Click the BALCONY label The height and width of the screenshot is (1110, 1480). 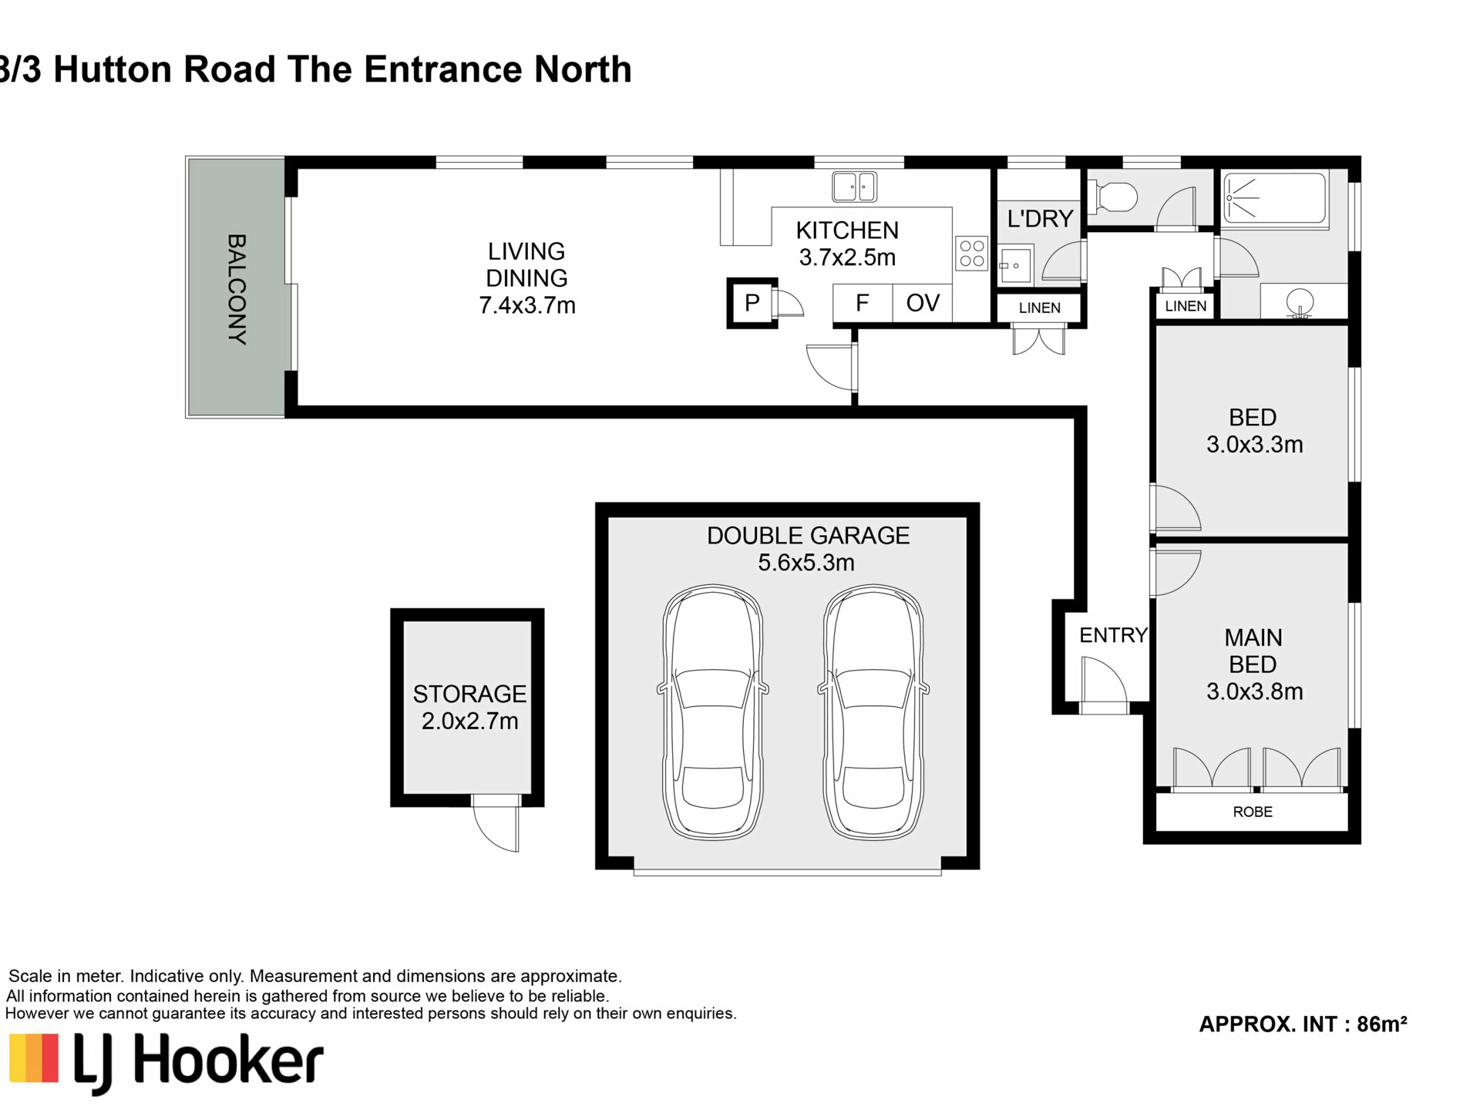click(237, 289)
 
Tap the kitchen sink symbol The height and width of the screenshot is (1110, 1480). click(854, 187)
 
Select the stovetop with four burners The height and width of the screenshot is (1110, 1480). click(972, 254)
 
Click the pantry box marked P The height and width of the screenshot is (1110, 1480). click(752, 303)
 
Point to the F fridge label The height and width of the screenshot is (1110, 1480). click(862, 303)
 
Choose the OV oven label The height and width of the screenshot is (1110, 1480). click(923, 303)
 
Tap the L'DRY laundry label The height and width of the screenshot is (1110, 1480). click(1040, 219)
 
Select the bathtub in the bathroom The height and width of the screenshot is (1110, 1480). click(1275, 197)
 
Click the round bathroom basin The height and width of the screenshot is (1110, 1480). click(1301, 302)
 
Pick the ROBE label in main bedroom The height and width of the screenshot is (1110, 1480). click(1253, 812)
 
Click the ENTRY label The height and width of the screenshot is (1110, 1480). click(1113, 635)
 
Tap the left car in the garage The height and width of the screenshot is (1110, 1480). click(713, 713)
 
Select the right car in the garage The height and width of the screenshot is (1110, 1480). click(873, 713)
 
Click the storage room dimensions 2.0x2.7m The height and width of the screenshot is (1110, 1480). click(469, 721)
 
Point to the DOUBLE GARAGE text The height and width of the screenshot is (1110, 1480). click(808, 536)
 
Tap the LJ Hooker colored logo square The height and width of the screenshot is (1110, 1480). click(33, 1058)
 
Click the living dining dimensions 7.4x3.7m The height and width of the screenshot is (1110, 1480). click(527, 305)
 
